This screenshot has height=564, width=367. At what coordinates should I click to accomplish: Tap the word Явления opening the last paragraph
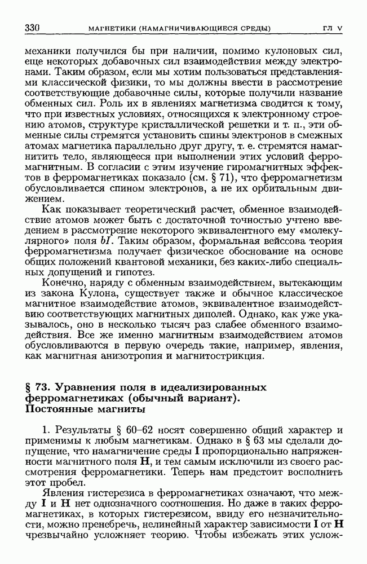(59, 493)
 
